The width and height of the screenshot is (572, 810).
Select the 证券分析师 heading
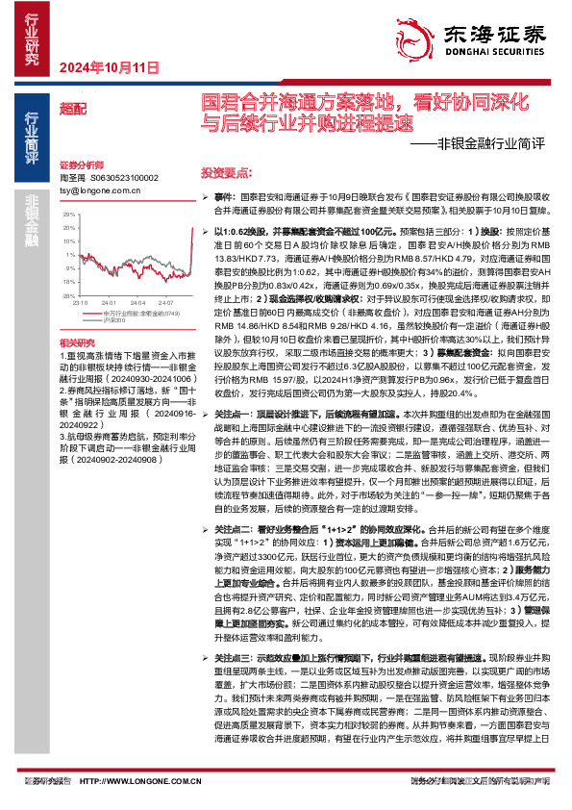81,165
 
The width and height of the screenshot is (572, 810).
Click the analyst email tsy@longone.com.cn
95,191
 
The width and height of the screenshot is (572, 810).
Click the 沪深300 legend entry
107,319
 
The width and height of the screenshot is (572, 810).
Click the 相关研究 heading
77,342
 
